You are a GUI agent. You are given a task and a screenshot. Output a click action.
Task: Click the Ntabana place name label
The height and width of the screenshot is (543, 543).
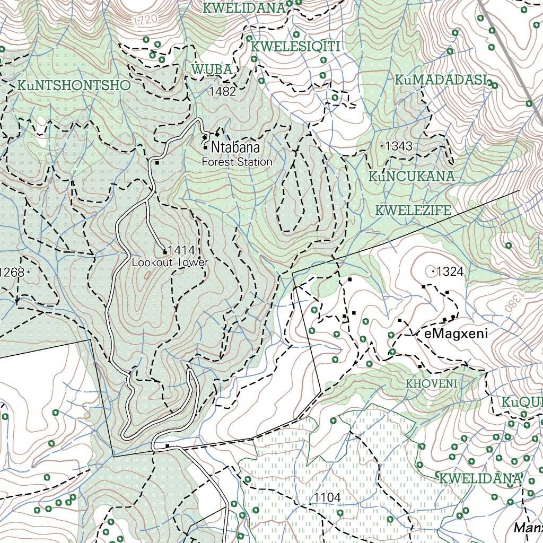pos(236,147)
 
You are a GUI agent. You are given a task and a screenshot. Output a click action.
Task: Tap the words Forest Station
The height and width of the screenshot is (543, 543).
pos(237,162)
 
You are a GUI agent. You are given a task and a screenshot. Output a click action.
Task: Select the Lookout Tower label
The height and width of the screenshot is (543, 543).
pos(170,262)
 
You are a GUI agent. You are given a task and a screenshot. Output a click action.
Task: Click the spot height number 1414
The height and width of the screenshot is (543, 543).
pos(181,251)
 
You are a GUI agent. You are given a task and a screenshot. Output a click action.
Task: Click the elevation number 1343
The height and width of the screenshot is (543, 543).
pos(399,146)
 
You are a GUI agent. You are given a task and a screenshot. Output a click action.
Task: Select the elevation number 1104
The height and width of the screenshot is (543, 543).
pos(327,497)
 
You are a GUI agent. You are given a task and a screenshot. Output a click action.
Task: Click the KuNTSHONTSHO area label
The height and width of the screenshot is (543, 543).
pos(74,85)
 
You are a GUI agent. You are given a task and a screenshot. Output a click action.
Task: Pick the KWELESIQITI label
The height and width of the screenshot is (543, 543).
pos(295,46)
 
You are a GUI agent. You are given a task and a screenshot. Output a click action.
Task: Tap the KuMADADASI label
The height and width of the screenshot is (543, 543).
pos(441,80)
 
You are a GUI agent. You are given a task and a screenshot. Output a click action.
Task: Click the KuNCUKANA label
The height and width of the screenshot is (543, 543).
pos(413,177)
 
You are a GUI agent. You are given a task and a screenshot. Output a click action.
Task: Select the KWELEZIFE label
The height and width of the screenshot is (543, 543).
pos(413,211)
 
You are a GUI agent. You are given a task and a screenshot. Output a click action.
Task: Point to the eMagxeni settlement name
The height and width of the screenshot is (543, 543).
pos(456,334)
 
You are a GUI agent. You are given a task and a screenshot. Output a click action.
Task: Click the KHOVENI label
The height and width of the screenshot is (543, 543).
pos(431,383)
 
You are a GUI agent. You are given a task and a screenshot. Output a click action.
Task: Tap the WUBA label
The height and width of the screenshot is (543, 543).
pos(212,69)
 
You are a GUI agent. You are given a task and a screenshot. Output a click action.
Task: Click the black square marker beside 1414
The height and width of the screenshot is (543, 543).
pos(165,252)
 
